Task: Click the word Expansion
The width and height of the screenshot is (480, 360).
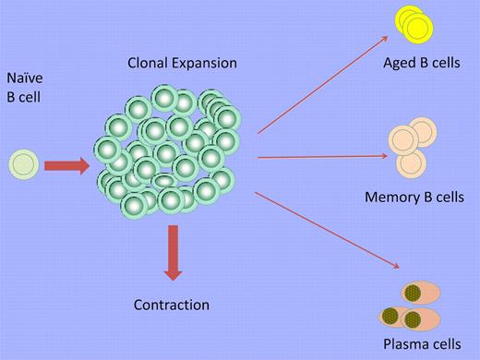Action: [206, 64]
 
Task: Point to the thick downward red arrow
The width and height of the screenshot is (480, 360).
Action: [173, 254]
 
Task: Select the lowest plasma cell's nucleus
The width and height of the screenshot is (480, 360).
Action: [414, 320]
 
